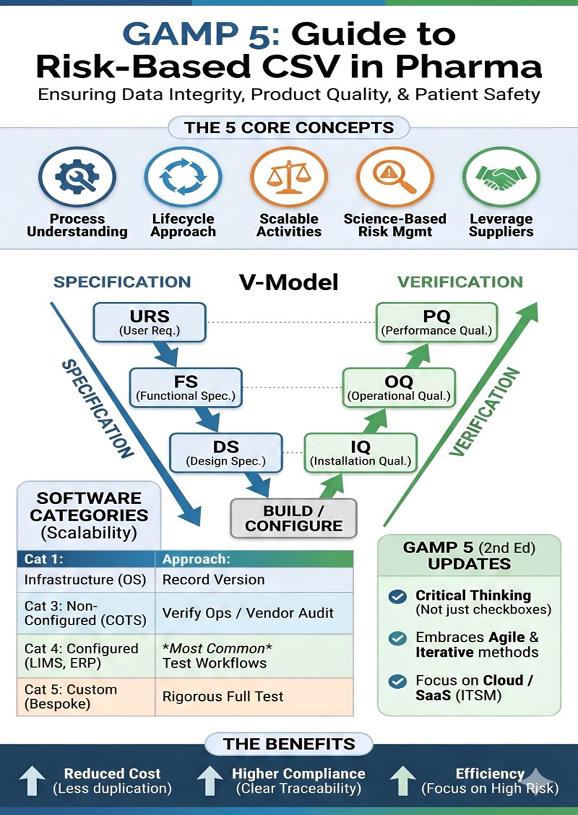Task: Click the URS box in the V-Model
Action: (x=150, y=322)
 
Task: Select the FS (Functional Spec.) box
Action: (x=186, y=387)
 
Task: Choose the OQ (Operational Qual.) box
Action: (x=399, y=387)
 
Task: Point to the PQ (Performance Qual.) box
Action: (x=436, y=322)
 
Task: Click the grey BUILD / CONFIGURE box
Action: (x=293, y=518)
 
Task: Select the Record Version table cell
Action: (x=254, y=580)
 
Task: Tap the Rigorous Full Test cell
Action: (x=254, y=696)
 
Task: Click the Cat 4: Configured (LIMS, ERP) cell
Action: (x=86, y=656)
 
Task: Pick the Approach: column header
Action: (x=254, y=559)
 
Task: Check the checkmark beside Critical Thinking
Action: (x=397, y=596)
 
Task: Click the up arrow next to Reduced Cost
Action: (x=31, y=781)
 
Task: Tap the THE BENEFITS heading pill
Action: (x=289, y=743)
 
